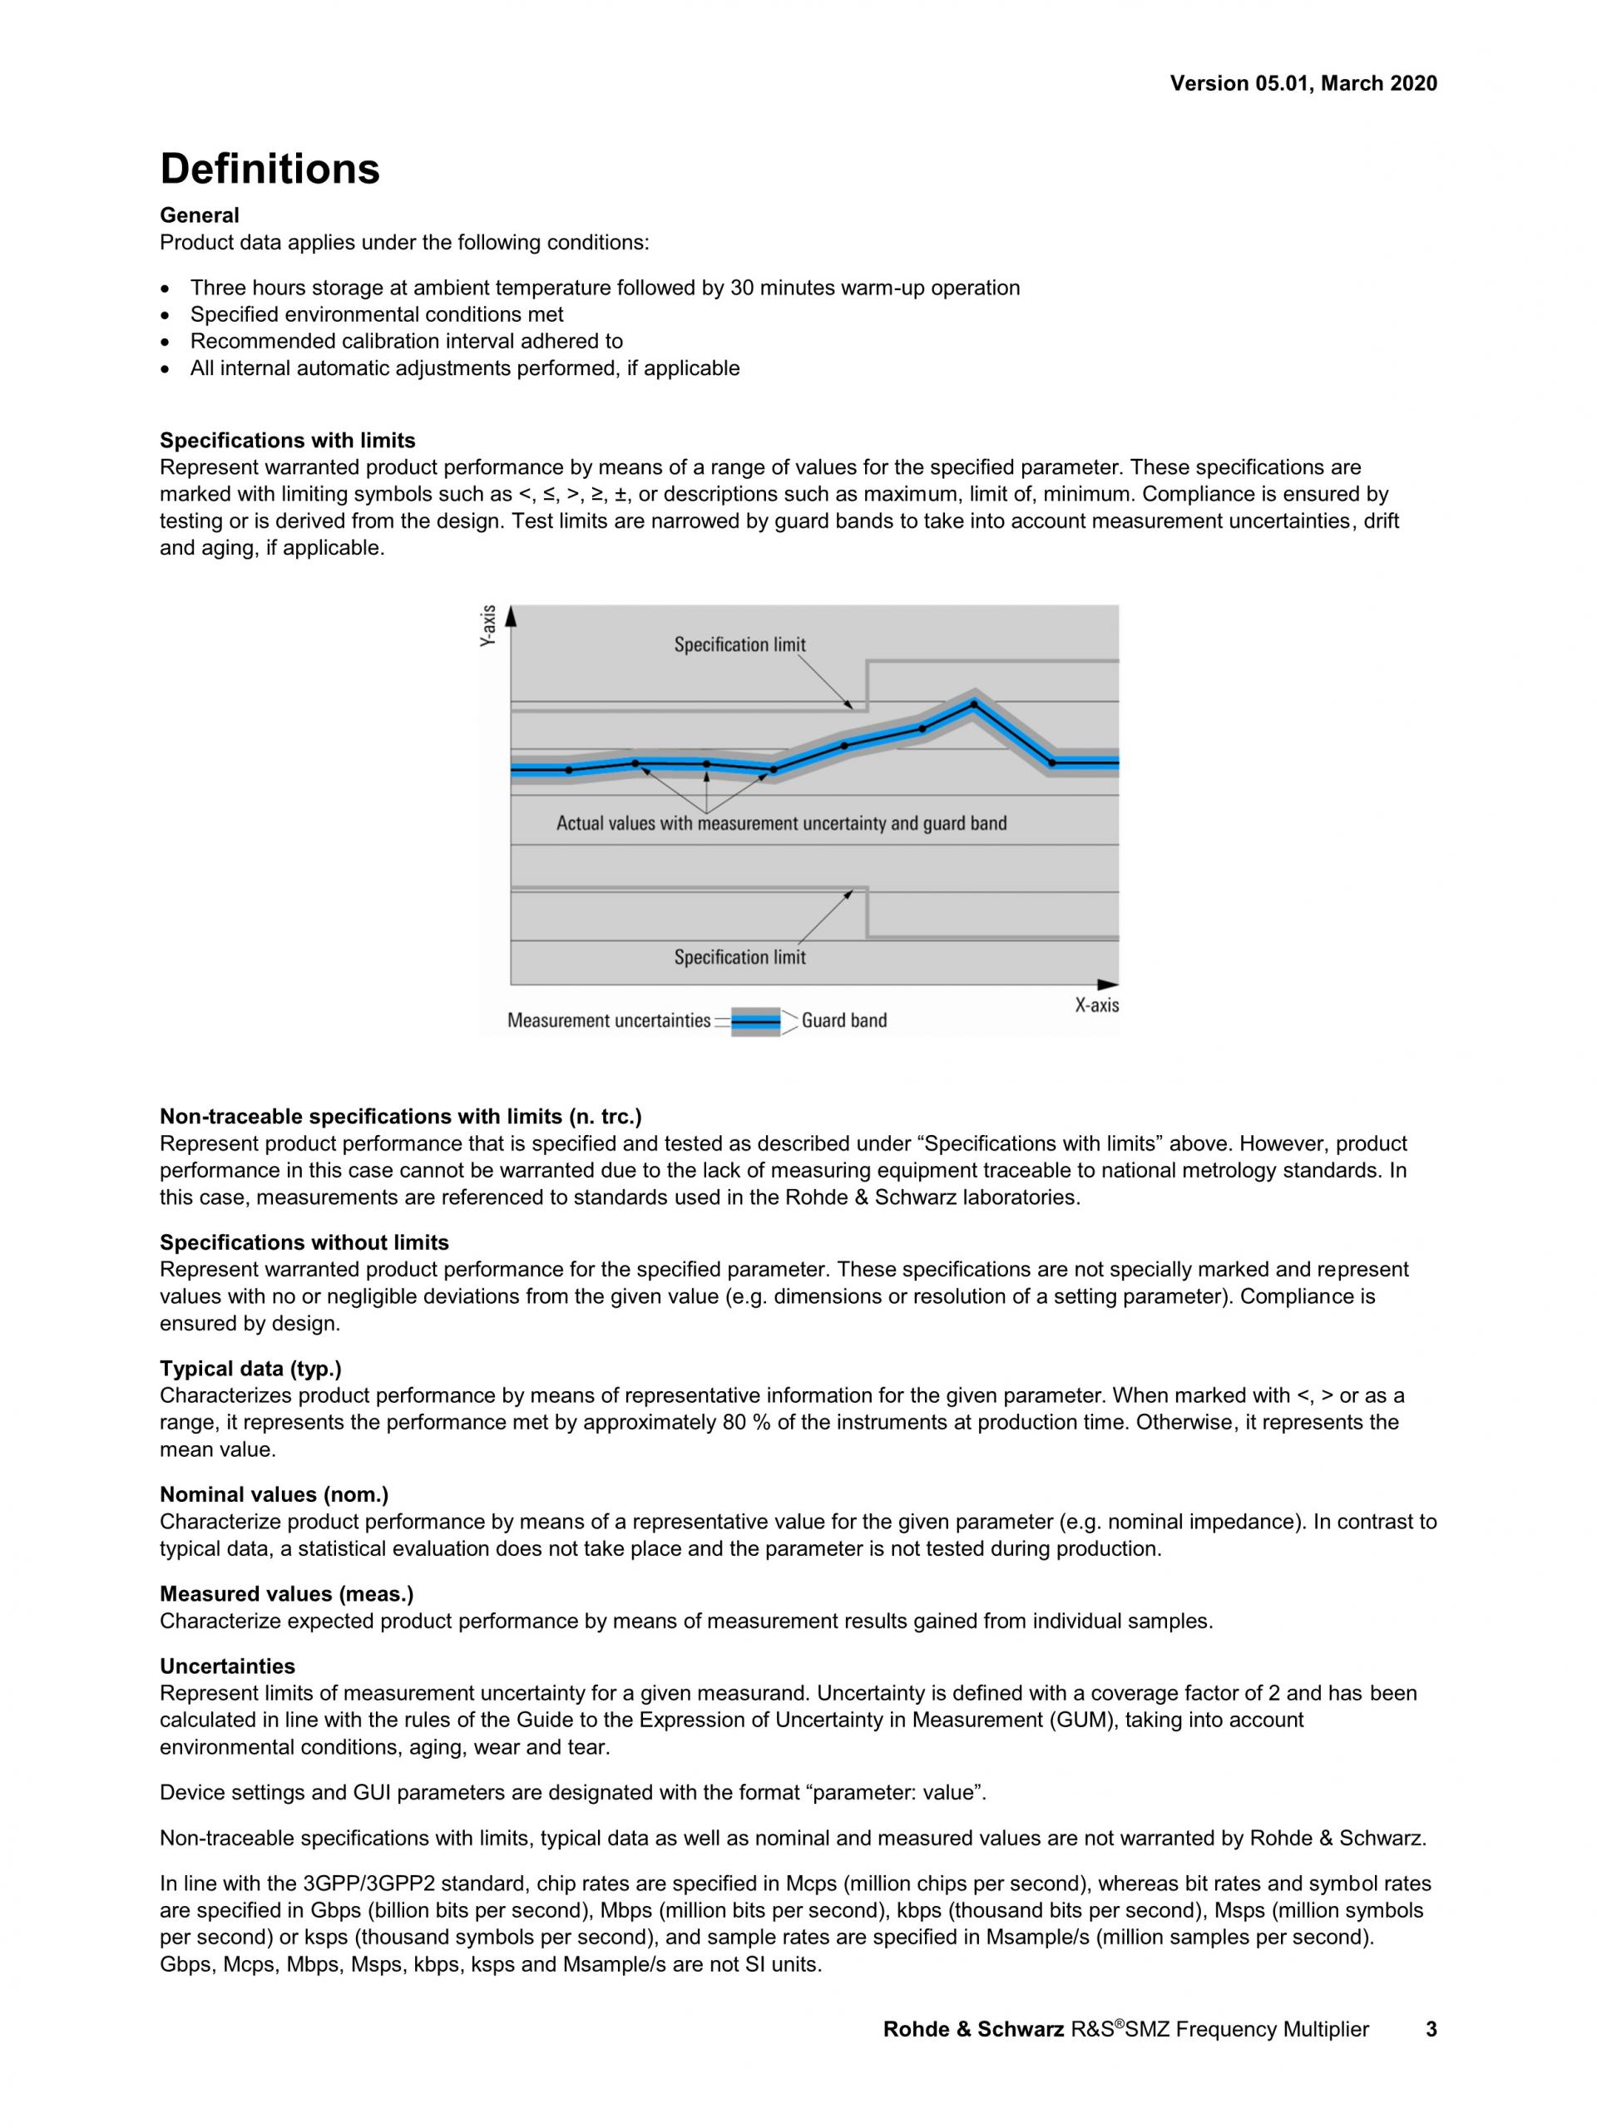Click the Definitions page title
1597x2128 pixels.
point(269,170)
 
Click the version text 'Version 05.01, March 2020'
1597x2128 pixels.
point(1303,84)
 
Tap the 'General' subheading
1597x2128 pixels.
point(199,215)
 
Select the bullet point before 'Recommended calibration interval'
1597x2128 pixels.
point(167,343)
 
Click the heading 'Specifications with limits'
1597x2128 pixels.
point(288,441)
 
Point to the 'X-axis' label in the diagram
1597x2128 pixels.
point(1097,1005)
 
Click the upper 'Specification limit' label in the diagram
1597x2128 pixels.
point(739,644)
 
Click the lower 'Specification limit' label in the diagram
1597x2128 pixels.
point(739,957)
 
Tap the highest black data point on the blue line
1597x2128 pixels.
point(974,704)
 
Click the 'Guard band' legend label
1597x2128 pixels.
point(843,1020)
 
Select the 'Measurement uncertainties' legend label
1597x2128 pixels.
point(608,1020)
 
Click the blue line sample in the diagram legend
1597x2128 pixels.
point(755,1020)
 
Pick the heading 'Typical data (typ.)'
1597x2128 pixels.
point(250,1368)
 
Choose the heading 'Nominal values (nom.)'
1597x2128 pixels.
point(274,1494)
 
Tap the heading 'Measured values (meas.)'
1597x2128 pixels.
point(287,1594)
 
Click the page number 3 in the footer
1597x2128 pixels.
point(1431,2030)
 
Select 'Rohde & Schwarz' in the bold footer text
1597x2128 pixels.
point(974,2030)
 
